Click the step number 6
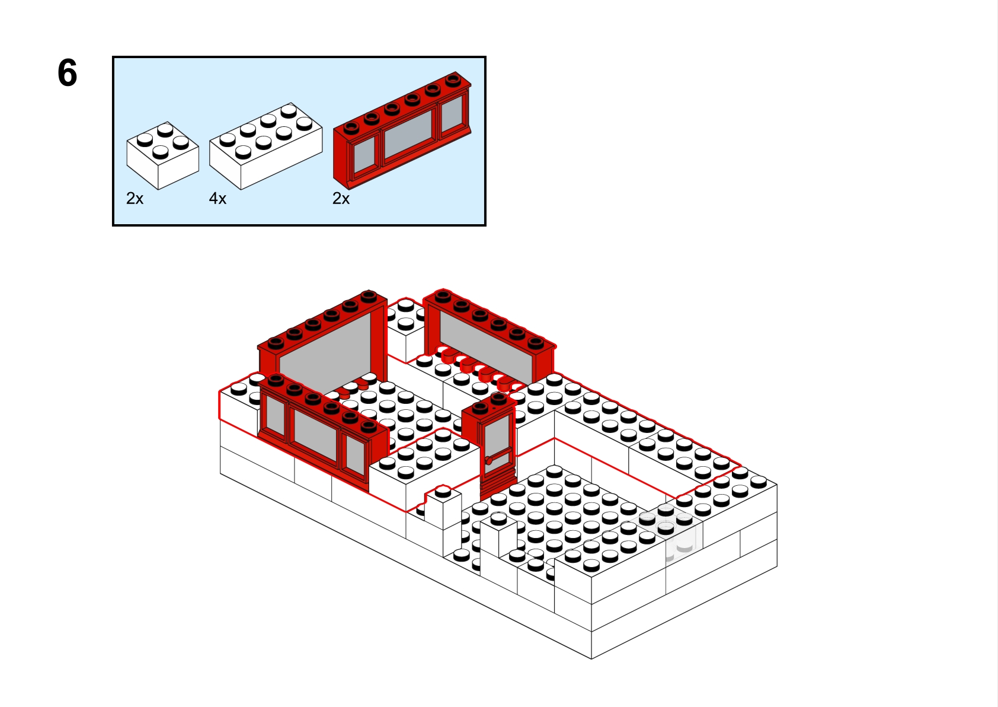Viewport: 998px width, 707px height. (67, 73)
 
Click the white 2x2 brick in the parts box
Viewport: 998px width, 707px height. (162, 155)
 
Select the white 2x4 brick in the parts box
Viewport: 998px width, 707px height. (265, 145)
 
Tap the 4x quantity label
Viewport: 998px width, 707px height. (217, 199)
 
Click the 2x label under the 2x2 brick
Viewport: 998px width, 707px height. (135, 199)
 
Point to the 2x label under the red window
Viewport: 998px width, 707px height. (341, 199)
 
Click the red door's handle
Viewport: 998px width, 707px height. (489, 460)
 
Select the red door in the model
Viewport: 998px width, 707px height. (497, 451)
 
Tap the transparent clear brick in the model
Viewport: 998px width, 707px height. (682, 537)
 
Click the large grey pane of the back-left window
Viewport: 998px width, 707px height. (325, 350)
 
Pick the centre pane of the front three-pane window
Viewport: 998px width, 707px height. (315, 437)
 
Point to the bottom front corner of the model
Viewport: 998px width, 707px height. (591, 658)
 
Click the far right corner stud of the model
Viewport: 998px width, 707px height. (759, 481)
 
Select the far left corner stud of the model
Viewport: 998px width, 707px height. (238, 388)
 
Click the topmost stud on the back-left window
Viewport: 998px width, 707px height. (369, 295)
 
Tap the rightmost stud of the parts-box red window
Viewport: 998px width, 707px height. (453, 78)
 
